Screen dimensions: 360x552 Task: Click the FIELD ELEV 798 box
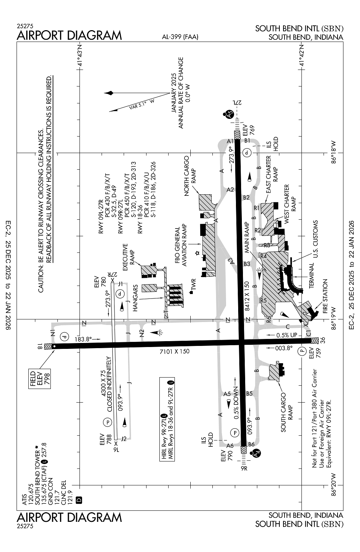pos(40,379)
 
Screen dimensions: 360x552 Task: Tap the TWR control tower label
pos(193,284)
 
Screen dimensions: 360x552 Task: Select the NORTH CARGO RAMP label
pos(190,176)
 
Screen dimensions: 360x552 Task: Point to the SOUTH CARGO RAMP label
pos(286,412)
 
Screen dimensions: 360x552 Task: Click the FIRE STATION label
pos(325,296)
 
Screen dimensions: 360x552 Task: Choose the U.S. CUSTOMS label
pos(315,239)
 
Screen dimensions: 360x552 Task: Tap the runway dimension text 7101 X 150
pos(174,351)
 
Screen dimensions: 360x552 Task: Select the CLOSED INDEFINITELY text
pos(110,384)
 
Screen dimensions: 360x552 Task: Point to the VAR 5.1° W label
pos(142,105)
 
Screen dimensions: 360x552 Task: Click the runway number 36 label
pos(322,340)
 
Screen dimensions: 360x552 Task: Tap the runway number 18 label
pos(40,346)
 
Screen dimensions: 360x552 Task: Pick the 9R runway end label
pos(244,468)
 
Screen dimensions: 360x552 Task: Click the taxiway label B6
pos(251,444)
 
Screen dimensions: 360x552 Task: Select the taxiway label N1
pos(53,333)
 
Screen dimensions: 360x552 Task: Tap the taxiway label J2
pos(124,439)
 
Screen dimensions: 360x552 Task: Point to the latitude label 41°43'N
pos(80,56)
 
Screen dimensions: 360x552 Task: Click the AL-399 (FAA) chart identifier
pos(180,37)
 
